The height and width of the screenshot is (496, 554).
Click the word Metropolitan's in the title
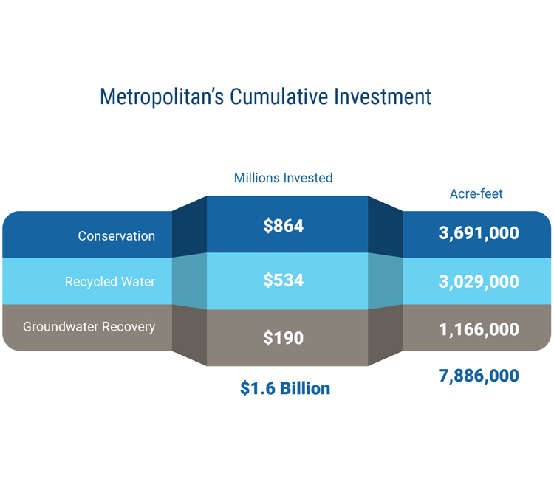162,97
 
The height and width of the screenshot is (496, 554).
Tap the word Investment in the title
383,97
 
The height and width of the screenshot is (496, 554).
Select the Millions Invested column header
284,178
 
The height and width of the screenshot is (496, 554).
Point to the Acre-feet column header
476,194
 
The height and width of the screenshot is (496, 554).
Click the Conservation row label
117,236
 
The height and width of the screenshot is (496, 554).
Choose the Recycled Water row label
110,282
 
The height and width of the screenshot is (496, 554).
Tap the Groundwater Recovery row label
89,327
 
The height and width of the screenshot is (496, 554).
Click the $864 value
284,226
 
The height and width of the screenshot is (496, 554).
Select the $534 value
284,280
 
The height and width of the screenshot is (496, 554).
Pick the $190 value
284,338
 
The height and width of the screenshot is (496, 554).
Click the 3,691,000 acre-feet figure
479,233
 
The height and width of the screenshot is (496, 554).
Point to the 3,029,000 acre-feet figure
479,282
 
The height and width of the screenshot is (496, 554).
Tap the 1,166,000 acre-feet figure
479,330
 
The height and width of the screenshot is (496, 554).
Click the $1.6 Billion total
285,388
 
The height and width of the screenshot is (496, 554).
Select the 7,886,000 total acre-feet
479,376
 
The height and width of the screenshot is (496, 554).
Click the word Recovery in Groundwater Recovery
129,327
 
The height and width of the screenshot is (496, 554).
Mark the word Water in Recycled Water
138,282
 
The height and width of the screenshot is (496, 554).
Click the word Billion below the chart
305,388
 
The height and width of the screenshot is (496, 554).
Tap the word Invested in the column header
308,178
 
